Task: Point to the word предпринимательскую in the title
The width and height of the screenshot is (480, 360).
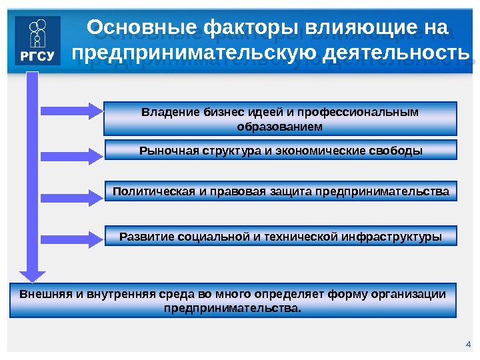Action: pos(193,53)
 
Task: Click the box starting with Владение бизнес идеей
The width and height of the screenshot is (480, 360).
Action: pos(280,118)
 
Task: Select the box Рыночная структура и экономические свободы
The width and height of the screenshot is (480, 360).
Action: pos(281,149)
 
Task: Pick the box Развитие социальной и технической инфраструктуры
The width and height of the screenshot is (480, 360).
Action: pos(280,235)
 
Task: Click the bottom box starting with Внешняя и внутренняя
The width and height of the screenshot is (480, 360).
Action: pos(233,300)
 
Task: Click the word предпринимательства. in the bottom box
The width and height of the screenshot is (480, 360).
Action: pos(233,308)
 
